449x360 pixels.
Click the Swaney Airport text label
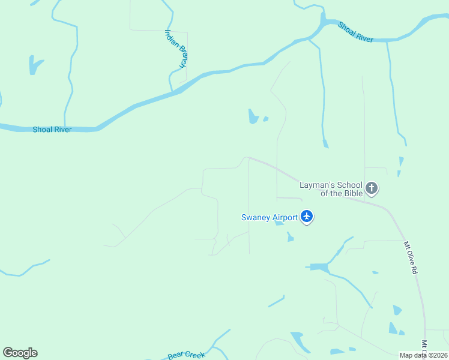click(x=269, y=217)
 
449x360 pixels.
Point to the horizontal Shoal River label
click(x=52, y=130)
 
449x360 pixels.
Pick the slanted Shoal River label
click(x=355, y=32)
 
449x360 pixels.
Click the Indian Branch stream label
click(x=176, y=48)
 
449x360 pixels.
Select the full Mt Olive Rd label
click(x=410, y=258)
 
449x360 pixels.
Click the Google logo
click(x=20, y=353)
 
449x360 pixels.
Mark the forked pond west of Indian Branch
click(x=35, y=64)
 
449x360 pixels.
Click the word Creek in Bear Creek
click(x=194, y=355)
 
